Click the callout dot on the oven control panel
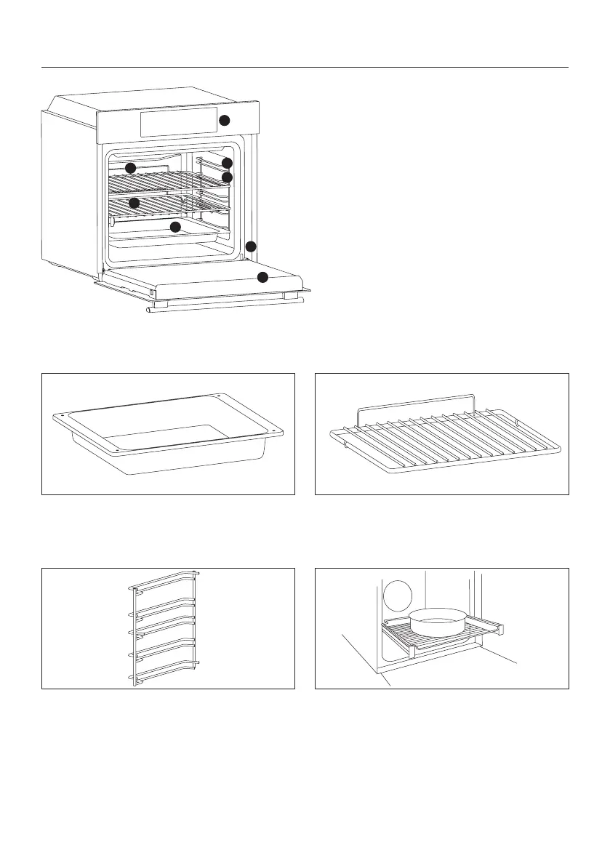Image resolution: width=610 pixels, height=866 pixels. point(225,120)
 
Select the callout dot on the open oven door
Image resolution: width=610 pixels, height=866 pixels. point(262,277)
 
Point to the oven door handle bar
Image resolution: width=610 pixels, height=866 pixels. point(225,304)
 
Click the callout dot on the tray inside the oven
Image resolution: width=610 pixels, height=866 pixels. point(174,227)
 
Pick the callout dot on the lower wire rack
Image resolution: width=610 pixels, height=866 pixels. point(134,202)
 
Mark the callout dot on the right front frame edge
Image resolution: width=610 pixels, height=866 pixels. point(251,246)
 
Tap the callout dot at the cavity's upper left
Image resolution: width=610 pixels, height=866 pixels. point(130,168)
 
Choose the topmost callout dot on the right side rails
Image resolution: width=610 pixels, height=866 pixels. point(227,163)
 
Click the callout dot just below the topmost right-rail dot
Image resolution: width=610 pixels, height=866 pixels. point(227,177)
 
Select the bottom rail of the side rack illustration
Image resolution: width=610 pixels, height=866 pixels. point(164,677)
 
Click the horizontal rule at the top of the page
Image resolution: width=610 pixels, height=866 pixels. point(305,68)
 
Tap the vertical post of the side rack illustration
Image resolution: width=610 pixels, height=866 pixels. point(132,633)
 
